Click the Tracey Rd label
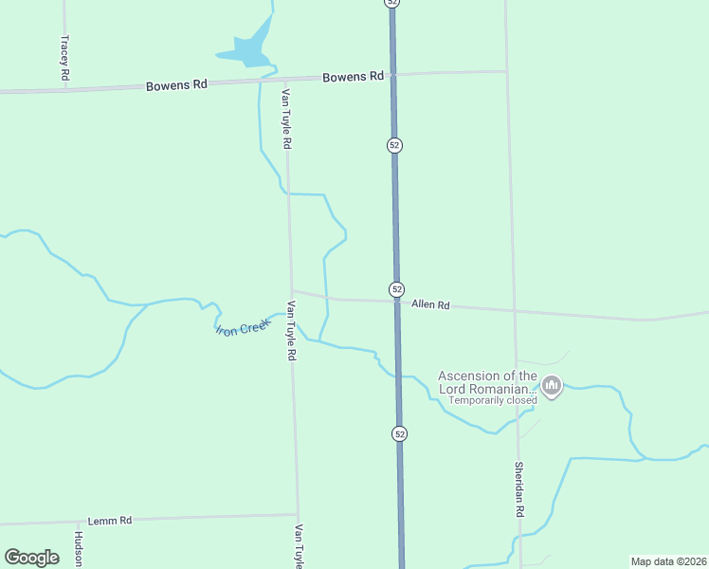pyautogui.click(x=64, y=58)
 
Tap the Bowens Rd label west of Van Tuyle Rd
pyautogui.click(x=176, y=85)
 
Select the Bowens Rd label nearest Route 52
pyautogui.click(x=353, y=76)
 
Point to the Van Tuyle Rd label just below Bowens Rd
pyautogui.click(x=285, y=119)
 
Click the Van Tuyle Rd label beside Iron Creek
pyautogui.click(x=291, y=331)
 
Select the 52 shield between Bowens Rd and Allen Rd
pyautogui.click(x=394, y=145)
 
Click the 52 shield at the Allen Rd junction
pyautogui.click(x=396, y=288)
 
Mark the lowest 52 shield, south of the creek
pyautogui.click(x=399, y=433)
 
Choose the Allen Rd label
pyautogui.click(x=430, y=305)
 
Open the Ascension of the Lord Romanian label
pyautogui.click(x=487, y=382)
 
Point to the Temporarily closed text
pyautogui.click(x=492, y=400)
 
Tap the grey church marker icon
pyautogui.click(x=552, y=386)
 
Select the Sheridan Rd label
pyautogui.click(x=519, y=488)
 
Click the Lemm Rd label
pyautogui.click(x=109, y=521)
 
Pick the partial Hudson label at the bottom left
pyautogui.click(x=79, y=549)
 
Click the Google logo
pyautogui.click(x=31, y=558)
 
